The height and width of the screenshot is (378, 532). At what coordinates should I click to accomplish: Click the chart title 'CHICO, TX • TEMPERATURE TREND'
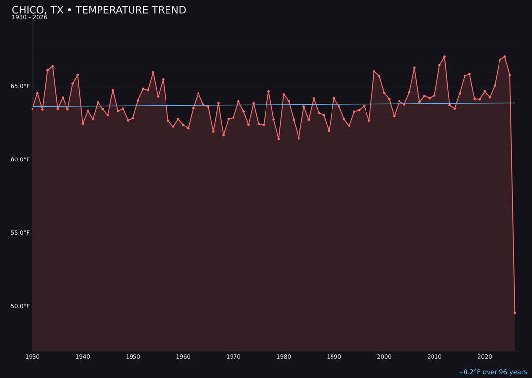pos(99,10)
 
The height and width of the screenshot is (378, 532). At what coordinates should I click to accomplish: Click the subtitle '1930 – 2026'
pos(30,18)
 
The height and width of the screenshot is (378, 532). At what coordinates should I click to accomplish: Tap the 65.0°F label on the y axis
pos(20,86)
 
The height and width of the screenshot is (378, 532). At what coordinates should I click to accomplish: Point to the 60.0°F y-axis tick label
pos(20,159)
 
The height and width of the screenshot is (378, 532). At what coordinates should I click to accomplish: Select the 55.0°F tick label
pos(20,233)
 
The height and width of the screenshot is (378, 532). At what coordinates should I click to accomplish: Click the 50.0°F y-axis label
pos(20,306)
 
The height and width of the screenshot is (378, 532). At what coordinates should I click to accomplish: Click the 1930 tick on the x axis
pos(33,357)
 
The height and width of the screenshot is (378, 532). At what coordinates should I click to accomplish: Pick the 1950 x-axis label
pos(133,357)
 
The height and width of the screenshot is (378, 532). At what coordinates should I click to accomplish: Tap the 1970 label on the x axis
pos(233,357)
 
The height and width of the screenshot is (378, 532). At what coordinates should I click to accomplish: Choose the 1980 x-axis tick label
pos(284,357)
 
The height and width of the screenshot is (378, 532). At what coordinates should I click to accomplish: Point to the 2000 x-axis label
pos(384,357)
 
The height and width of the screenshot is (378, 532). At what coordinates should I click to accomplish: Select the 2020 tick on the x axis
pos(485,357)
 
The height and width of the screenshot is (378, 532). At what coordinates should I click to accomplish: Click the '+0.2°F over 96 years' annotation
pos(492,372)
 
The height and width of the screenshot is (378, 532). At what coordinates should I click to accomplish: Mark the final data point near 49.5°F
pos(515,313)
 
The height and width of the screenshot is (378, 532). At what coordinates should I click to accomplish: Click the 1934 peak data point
pos(53,66)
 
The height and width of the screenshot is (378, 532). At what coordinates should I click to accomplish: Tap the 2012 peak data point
pos(444,56)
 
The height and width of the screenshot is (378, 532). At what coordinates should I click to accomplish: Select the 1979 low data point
pos(279,139)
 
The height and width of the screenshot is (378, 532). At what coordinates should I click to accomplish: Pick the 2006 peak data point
pos(414,68)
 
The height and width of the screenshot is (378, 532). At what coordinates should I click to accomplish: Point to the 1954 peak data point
pos(153,72)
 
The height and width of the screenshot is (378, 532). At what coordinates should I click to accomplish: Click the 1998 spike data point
pos(374,71)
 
